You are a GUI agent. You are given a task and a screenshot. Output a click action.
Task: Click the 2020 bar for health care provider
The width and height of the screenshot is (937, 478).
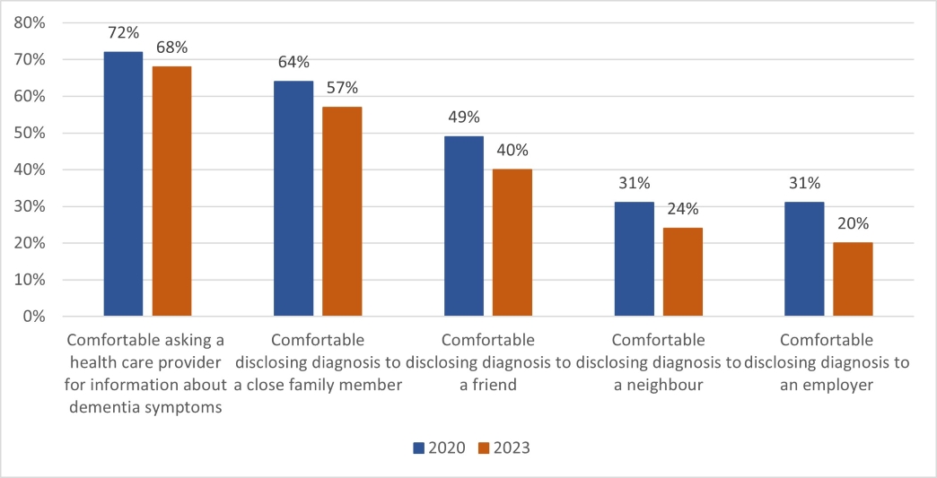[123, 184]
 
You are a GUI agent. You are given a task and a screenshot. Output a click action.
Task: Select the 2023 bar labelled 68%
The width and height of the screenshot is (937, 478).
[171, 191]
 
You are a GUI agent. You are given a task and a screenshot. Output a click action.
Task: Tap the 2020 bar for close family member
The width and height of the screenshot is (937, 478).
[293, 198]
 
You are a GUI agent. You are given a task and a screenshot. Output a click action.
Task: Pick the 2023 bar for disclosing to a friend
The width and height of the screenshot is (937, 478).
[512, 242]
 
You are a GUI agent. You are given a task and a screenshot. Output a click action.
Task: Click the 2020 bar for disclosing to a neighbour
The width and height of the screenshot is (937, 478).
[634, 259]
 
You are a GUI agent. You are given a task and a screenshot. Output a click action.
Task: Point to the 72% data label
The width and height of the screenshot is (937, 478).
[123, 34]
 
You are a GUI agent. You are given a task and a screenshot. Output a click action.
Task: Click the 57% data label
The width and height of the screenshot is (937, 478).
[341, 88]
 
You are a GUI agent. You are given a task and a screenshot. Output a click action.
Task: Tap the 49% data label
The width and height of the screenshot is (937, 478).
[463, 117]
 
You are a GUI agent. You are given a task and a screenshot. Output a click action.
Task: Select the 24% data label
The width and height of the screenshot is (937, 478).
[683, 210]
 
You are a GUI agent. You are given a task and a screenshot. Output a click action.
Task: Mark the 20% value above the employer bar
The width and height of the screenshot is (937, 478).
[853, 224]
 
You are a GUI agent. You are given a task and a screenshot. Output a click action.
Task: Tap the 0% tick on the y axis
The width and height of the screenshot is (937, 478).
[34, 317]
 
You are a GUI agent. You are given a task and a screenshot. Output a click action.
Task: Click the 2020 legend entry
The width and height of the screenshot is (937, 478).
[439, 448]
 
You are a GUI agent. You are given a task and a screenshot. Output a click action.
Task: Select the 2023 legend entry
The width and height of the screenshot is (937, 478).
[504, 448]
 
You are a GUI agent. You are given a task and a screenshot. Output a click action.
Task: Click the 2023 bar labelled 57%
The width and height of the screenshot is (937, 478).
[341, 211]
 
